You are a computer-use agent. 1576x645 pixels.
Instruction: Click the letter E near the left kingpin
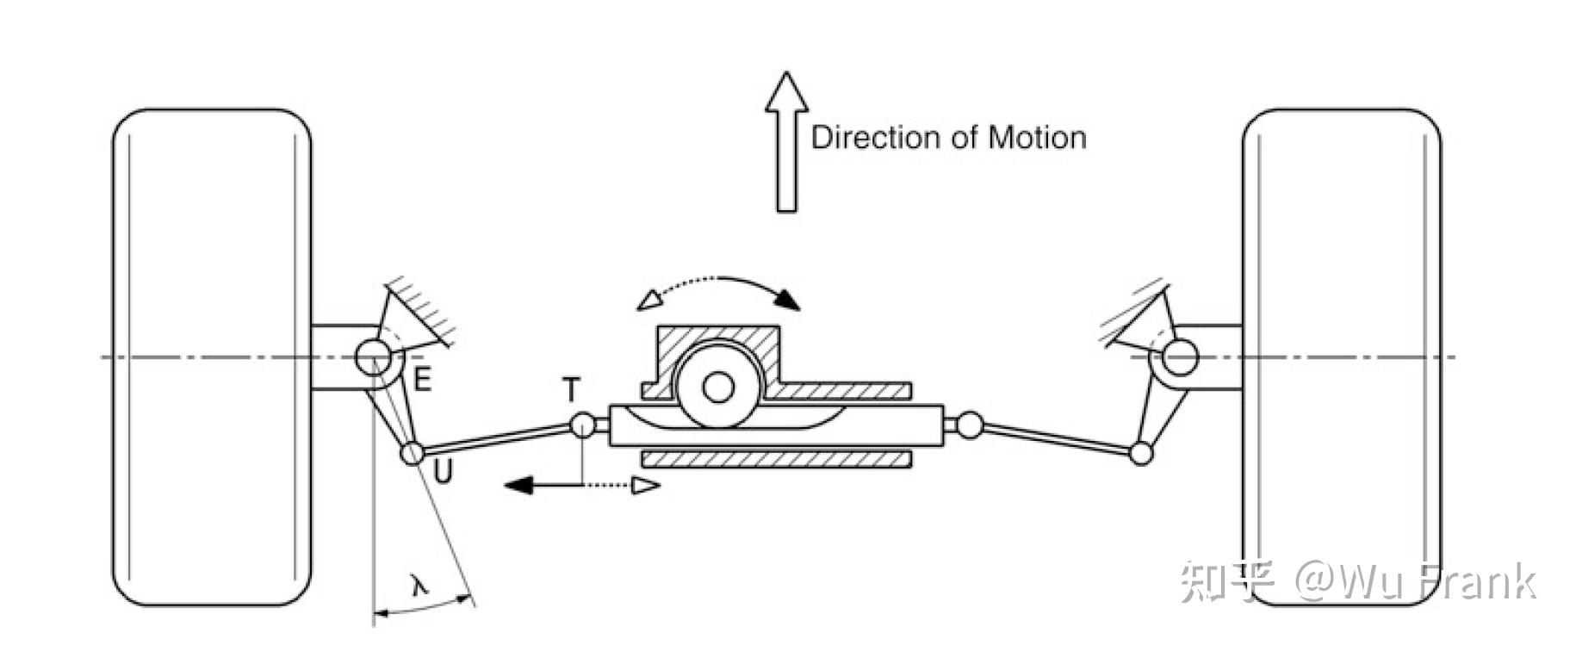(x=422, y=379)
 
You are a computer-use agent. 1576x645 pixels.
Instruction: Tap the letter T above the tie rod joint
(x=571, y=391)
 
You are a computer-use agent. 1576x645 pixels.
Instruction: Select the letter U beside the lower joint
(x=443, y=472)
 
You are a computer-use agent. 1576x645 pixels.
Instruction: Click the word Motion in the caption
(x=1037, y=138)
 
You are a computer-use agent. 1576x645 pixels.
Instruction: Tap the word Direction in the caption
(x=875, y=138)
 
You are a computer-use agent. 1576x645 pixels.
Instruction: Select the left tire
(x=212, y=357)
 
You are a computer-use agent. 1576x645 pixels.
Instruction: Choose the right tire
(x=1341, y=357)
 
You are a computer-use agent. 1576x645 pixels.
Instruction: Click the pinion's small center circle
(x=717, y=388)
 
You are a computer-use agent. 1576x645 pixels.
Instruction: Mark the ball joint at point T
(x=583, y=425)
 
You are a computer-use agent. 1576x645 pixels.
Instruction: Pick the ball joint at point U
(x=413, y=453)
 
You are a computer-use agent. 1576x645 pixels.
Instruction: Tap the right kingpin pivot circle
(x=1180, y=357)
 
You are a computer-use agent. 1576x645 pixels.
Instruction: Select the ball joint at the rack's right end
(x=970, y=425)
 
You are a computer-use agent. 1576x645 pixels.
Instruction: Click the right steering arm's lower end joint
(x=1141, y=453)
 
